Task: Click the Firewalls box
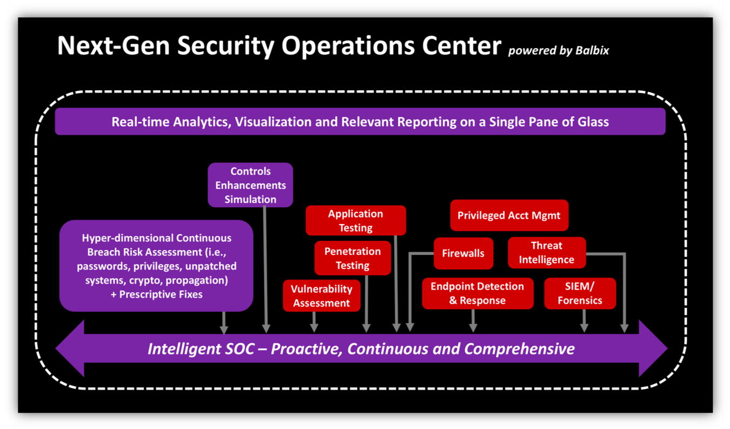pos(463,253)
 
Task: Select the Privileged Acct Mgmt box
pos(509,215)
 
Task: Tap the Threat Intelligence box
pos(547,253)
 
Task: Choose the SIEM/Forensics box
pos(580,293)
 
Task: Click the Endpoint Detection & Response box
pos(478,293)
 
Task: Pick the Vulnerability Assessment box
pos(322,296)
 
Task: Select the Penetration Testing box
pos(353,258)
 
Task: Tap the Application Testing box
pos(356,220)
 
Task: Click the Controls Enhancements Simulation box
pos(250,185)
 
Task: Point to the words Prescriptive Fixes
pos(161,294)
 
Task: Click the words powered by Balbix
pos(559,50)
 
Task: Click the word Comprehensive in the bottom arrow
pos(520,349)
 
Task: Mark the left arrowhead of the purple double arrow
pos(70,348)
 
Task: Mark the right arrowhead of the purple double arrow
pos(653,348)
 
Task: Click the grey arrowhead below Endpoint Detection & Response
pos(473,328)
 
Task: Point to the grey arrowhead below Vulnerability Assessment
pos(314,328)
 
